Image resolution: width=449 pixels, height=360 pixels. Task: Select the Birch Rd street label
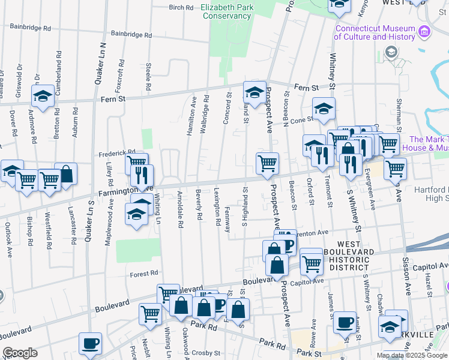tap(181, 8)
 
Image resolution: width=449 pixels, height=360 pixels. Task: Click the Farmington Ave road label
tap(125, 191)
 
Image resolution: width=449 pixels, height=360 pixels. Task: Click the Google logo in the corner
tap(20, 353)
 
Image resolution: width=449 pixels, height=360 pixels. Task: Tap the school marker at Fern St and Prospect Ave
tap(255, 92)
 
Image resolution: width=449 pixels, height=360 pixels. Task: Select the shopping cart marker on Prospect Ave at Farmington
tap(267, 163)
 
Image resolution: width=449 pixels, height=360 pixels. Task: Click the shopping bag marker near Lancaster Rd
tap(66, 174)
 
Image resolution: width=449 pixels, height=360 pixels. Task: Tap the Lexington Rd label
tap(217, 206)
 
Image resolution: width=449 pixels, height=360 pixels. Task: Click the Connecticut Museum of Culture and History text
tap(375, 32)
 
